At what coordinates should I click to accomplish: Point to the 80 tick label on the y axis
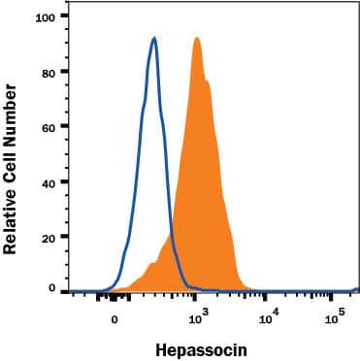pos(50,71)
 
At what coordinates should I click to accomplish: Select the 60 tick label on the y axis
pos(50,126)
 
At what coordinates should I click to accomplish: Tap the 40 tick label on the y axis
pos(50,181)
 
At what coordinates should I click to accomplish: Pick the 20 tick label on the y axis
pos(50,236)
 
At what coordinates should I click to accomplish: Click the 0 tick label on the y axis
pos(54,288)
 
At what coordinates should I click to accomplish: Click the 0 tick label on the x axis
pos(115,317)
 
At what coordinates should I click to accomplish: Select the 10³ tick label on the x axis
pos(198,315)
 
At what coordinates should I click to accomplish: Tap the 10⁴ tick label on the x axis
pos(268,315)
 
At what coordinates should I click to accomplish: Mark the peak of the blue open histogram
pos(154,39)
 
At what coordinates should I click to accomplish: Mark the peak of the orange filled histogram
pos(197,39)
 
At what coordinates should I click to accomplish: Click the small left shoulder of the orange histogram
pos(151,263)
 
